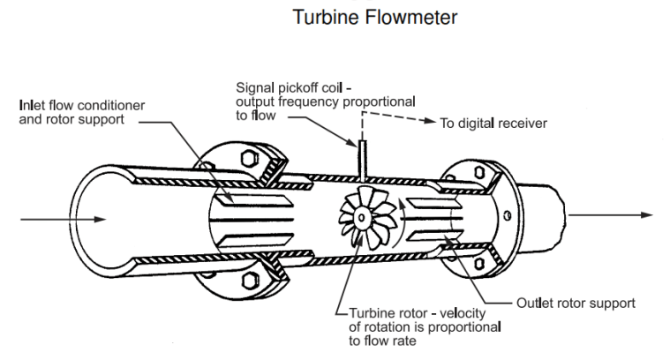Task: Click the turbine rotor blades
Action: [365, 218]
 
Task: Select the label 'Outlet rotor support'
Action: [575, 303]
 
